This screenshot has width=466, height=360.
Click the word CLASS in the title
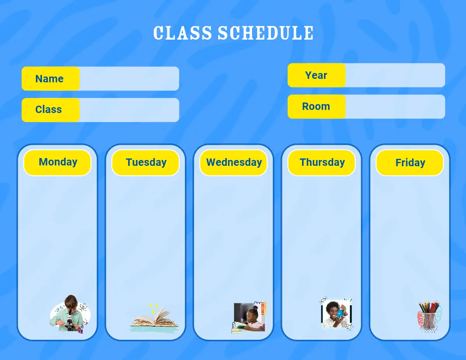(183, 33)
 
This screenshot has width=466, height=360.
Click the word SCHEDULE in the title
(266, 33)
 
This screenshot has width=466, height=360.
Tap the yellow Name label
(50, 78)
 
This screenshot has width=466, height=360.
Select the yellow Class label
(50, 110)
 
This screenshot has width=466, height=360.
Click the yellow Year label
(316, 75)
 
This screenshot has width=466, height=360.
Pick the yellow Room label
(316, 106)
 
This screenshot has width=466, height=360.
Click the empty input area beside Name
(129, 78)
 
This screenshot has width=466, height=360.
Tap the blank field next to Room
(395, 106)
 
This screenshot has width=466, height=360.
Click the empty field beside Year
(395, 75)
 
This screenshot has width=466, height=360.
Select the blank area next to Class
(129, 110)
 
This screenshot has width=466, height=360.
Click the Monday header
(57, 163)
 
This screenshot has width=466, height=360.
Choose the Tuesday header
(146, 163)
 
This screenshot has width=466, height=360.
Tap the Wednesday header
(233, 163)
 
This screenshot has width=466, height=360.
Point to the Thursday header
(322, 163)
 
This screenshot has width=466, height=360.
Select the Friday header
(410, 163)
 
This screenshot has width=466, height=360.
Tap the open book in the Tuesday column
(154, 319)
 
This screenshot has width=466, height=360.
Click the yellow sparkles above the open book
(153, 308)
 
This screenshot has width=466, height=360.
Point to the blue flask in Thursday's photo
(340, 312)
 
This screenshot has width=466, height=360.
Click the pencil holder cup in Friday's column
(428, 321)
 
